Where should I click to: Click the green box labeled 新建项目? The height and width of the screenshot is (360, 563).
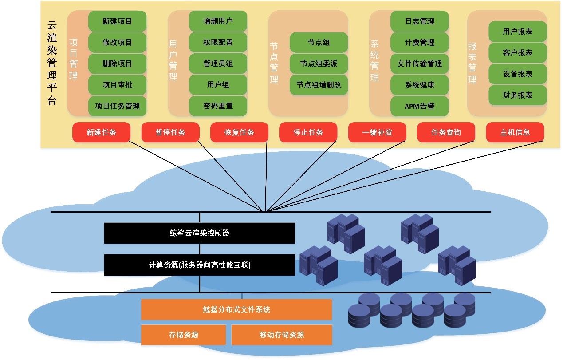[117, 21]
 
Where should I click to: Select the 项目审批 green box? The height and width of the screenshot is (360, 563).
[117, 85]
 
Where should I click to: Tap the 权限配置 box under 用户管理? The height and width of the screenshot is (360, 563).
[218, 43]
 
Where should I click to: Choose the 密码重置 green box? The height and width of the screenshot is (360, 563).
[218, 106]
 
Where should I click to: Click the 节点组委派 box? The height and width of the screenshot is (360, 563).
[319, 64]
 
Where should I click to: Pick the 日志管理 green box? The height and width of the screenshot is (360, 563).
[419, 21]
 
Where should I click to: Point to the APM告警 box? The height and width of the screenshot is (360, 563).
[419, 106]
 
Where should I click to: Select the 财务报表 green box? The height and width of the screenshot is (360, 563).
[517, 95]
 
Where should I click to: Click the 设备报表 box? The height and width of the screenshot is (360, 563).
[517, 74]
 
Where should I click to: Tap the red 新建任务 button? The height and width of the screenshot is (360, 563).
[101, 132]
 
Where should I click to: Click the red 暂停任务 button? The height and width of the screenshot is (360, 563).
[170, 132]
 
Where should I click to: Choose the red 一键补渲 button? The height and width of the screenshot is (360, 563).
[377, 132]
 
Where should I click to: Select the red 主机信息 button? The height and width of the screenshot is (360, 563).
[515, 132]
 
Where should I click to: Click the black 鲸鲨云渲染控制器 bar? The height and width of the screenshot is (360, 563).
[199, 233]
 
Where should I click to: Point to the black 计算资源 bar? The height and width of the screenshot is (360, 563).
[199, 265]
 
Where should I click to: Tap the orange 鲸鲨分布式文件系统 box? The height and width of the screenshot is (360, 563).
[236, 309]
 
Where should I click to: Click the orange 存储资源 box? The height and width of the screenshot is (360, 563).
[183, 335]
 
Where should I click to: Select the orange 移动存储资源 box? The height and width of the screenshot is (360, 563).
[282, 335]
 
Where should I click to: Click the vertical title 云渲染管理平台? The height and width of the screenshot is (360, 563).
[52, 63]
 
